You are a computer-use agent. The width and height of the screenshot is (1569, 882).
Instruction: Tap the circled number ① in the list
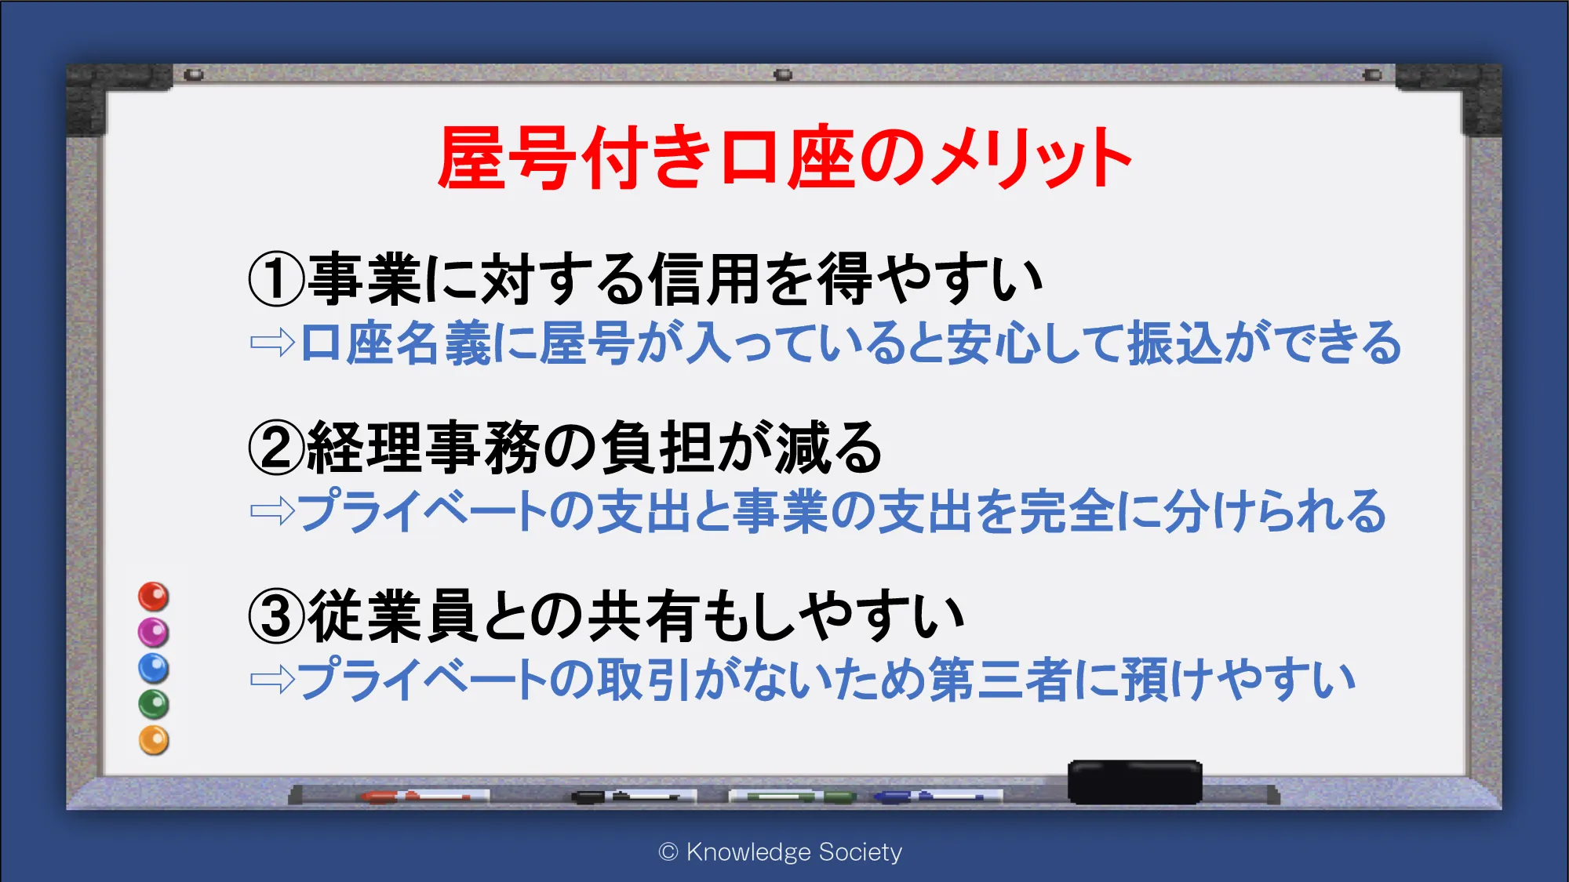point(276,280)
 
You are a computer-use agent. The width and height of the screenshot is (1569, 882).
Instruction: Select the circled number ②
point(276,448)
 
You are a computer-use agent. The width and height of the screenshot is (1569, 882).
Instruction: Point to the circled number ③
point(276,616)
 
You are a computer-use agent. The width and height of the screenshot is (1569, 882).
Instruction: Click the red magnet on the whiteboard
point(154,597)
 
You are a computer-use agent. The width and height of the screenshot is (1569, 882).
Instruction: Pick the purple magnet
point(154,632)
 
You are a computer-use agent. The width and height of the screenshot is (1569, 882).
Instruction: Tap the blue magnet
point(154,668)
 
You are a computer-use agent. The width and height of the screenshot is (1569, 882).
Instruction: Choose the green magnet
point(154,704)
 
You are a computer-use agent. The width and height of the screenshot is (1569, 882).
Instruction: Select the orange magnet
point(154,740)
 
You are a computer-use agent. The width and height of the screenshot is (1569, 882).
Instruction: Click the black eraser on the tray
point(1134,782)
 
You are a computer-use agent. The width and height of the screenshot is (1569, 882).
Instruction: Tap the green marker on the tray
point(792,797)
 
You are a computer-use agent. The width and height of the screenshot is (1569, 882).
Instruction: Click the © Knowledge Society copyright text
point(781,851)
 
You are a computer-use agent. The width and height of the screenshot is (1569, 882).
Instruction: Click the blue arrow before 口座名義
point(272,343)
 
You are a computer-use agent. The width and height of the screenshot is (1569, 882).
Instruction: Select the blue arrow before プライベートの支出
point(272,511)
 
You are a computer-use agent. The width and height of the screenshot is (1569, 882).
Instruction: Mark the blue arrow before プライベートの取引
point(272,679)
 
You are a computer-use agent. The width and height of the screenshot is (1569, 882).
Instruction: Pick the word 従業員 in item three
point(393,616)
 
